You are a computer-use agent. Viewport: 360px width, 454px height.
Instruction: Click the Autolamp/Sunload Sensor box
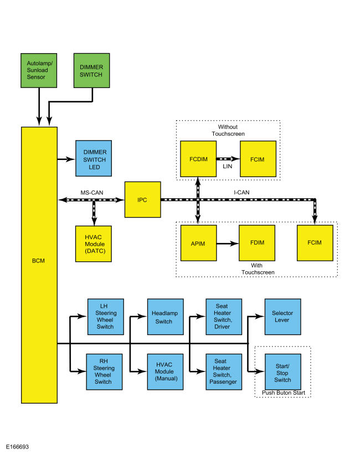pyautogui.click(x=39, y=70)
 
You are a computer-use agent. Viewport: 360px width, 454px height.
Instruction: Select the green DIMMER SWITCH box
pyautogui.click(x=91, y=70)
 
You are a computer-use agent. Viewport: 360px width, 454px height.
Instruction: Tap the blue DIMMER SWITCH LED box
pyautogui.click(x=94, y=158)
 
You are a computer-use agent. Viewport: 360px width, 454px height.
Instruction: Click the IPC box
pyautogui.click(x=142, y=199)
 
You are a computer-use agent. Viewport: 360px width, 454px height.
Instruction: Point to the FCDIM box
pyautogui.click(x=198, y=159)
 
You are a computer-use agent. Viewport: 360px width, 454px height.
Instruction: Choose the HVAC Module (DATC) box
pyautogui.click(x=94, y=244)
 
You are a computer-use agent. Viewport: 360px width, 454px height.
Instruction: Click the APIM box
pyautogui.click(x=198, y=243)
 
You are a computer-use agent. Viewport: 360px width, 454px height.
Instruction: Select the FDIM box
pyautogui.click(x=257, y=243)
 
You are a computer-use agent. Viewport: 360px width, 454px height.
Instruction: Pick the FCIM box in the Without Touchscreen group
pyautogui.click(x=258, y=159)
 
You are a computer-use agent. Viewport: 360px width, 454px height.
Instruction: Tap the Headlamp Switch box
pyautogui.click(x=166, y=317)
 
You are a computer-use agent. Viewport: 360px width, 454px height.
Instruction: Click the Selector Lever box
pyautogui.click(x=282, y=317)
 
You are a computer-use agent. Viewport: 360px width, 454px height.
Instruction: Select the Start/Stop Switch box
pyautogui.click(x=283, y=372)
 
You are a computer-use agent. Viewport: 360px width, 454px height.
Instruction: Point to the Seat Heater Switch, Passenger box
pyautogui.click(x=224, y=372)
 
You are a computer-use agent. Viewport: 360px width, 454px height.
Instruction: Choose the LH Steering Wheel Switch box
pyautogui.click(x=106, y=317)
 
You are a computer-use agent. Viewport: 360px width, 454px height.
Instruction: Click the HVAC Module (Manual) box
pyautogui.click(x=166, y=372)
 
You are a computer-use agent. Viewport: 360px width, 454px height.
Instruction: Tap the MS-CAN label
pyautogui.click(x=92, y=193)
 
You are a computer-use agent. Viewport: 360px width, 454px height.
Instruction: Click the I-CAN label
pyautogui.click(x=241, y=192)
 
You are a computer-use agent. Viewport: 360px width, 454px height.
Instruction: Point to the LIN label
pyautogui.click(x=227, y=167)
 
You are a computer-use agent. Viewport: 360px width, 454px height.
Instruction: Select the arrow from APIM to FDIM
pyautogui.click(x=228, y=244)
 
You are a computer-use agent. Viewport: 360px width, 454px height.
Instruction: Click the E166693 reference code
pyautogui.click(x=17, y=447)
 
